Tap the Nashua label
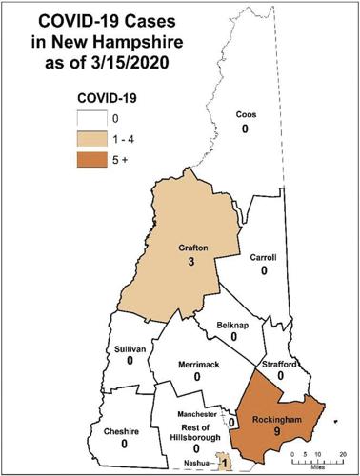(x=200, y=462)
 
